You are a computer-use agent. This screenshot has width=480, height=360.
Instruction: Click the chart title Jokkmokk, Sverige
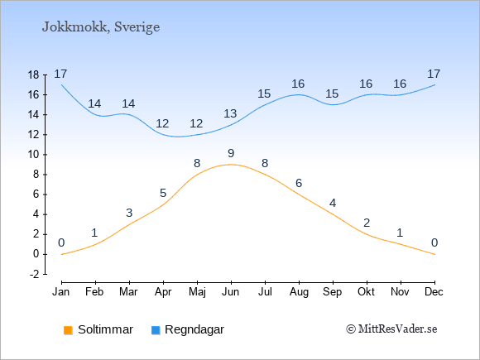(x=101, y=27)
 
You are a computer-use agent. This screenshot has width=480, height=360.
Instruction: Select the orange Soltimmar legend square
(x=68, y=330)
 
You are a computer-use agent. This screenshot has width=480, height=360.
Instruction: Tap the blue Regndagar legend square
(x=156, y=330)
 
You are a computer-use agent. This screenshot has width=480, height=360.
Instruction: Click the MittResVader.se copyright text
(x=391, y=329)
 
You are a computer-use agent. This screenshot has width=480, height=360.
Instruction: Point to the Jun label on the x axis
(x=231, y=292)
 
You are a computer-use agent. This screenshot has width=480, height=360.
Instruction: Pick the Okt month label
(x=366, y=292)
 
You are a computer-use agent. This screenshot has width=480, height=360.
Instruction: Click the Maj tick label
(x=197, y=292)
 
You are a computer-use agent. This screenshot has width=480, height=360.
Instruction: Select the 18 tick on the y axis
(x=33, y=74)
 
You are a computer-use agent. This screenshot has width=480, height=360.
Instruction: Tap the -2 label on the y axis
(x=34, y=274)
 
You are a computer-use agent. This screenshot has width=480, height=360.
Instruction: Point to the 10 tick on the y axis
(x=33, y=155)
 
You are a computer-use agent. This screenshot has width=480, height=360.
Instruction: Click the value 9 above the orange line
(x=231, y=153)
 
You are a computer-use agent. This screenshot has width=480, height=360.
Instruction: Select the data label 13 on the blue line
(x=230, y=114)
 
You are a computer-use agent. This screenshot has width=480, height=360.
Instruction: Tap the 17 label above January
(x=60, y=74)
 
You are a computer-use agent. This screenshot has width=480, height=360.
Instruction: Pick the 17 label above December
(x=434, y=74)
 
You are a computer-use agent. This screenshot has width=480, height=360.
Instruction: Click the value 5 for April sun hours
(x=163, y=193)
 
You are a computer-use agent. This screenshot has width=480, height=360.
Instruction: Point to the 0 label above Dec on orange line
(x=434, y=242)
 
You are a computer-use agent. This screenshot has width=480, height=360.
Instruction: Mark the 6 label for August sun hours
(x=299, y=183)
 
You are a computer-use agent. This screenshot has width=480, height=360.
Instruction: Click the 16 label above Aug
(x=298, y=84)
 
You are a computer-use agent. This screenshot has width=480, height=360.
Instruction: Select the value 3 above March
(x=129, y=213)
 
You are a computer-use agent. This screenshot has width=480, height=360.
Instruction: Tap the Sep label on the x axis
(x=332, y=292)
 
